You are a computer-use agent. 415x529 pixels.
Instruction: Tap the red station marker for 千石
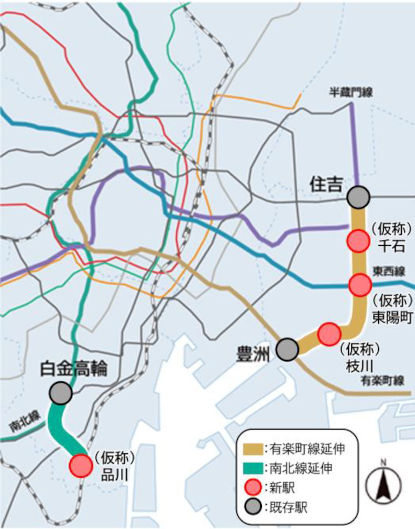[358, 241]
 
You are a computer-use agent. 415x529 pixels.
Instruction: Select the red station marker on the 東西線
[360, 285]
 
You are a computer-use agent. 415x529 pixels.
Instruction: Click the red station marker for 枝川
[329, 334]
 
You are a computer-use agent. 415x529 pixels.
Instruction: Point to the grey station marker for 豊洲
[287, 349]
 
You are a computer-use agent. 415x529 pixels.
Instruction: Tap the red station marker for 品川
[81, 465]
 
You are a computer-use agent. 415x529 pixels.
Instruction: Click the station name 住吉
[326, 184]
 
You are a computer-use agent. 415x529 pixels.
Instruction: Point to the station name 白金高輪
[74, 369]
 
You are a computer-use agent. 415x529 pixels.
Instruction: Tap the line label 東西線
[389, 271]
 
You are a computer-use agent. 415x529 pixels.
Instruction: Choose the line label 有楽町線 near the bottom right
[383, 381]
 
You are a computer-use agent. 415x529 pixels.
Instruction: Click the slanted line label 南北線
[25, 421]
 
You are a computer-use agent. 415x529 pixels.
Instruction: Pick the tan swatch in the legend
[253, 449]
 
